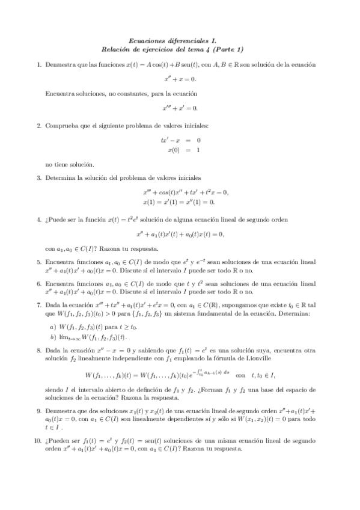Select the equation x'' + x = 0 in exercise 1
click(180, 79)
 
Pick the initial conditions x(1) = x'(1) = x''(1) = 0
click(179, 203)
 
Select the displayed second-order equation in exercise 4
click(180, 234)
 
